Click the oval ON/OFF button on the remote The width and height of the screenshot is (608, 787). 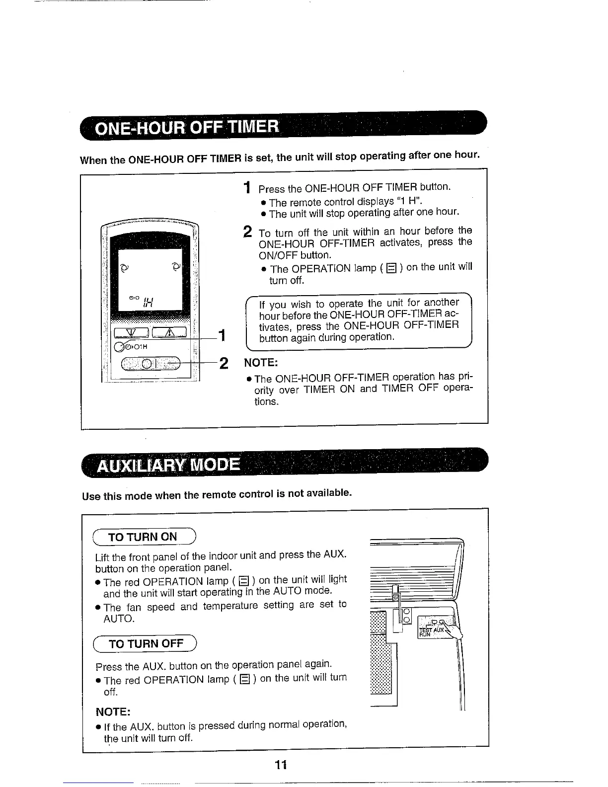tap(149, 364)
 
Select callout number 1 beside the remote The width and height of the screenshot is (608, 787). tap(223, 336)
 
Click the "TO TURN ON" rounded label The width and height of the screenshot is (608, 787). tap(144, 537)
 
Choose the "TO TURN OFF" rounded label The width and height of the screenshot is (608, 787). tap(146, 644)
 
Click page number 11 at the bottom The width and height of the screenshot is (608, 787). tap(281, 765)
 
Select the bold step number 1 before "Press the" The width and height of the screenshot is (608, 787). tap(247, 188)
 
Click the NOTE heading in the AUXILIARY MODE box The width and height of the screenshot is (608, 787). tap(113, 711)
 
